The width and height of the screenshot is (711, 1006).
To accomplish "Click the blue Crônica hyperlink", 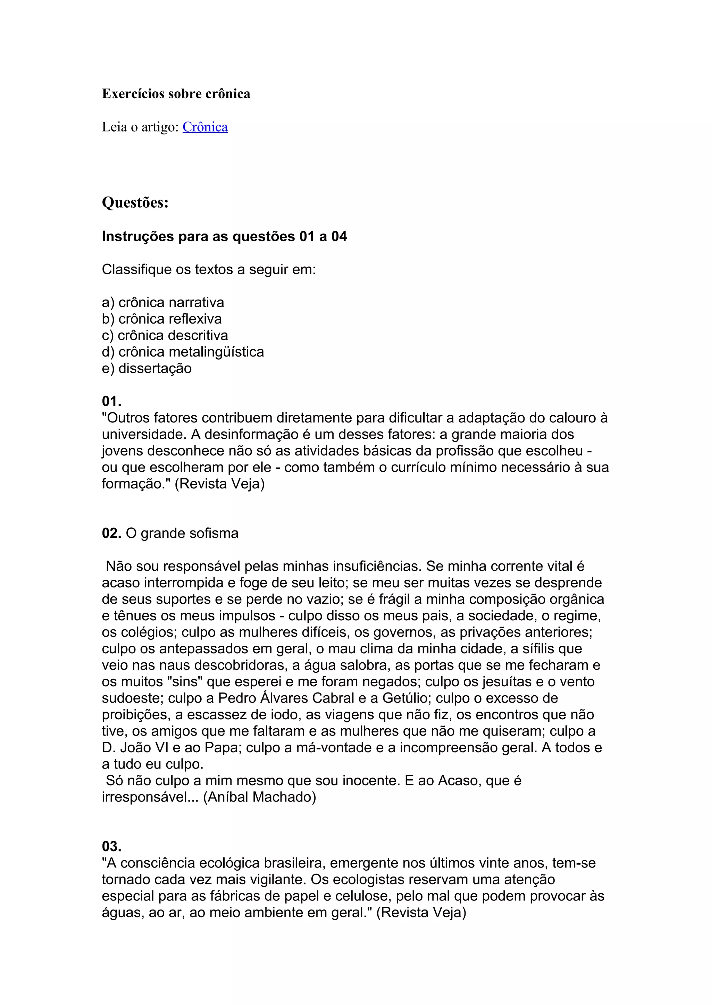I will pos(205,127).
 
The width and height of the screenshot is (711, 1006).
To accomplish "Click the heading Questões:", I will pos(135,202).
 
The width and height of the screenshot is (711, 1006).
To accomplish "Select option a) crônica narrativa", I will pos(163,302).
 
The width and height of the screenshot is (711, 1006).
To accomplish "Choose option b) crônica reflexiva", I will pos(162,319).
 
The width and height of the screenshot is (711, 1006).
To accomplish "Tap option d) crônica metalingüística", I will pos(183,352).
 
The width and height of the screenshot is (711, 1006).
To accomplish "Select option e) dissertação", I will pos(147,369).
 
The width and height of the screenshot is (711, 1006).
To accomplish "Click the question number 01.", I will pos(111,401).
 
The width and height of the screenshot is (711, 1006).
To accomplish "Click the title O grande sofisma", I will pos(182,533).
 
